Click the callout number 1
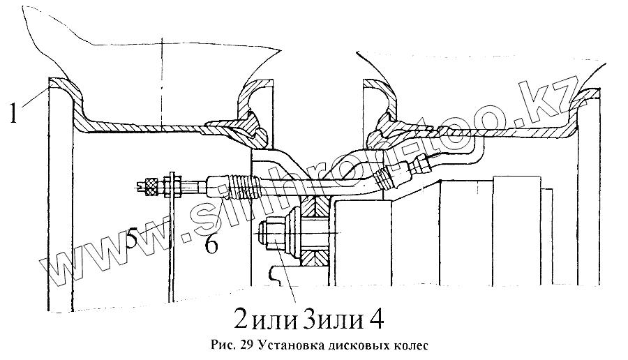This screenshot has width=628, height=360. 13,111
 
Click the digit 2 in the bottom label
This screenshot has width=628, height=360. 241,320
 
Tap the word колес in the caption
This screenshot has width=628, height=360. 407,345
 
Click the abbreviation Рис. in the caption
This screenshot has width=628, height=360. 223,345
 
